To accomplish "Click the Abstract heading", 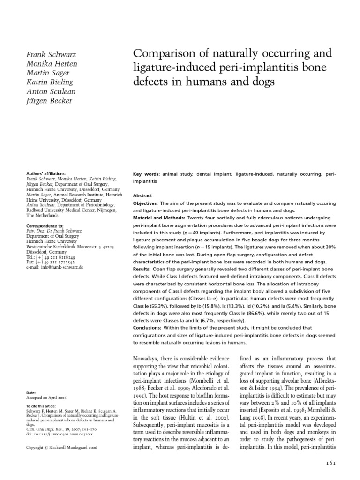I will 143,195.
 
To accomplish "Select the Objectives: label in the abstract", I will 146,203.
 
